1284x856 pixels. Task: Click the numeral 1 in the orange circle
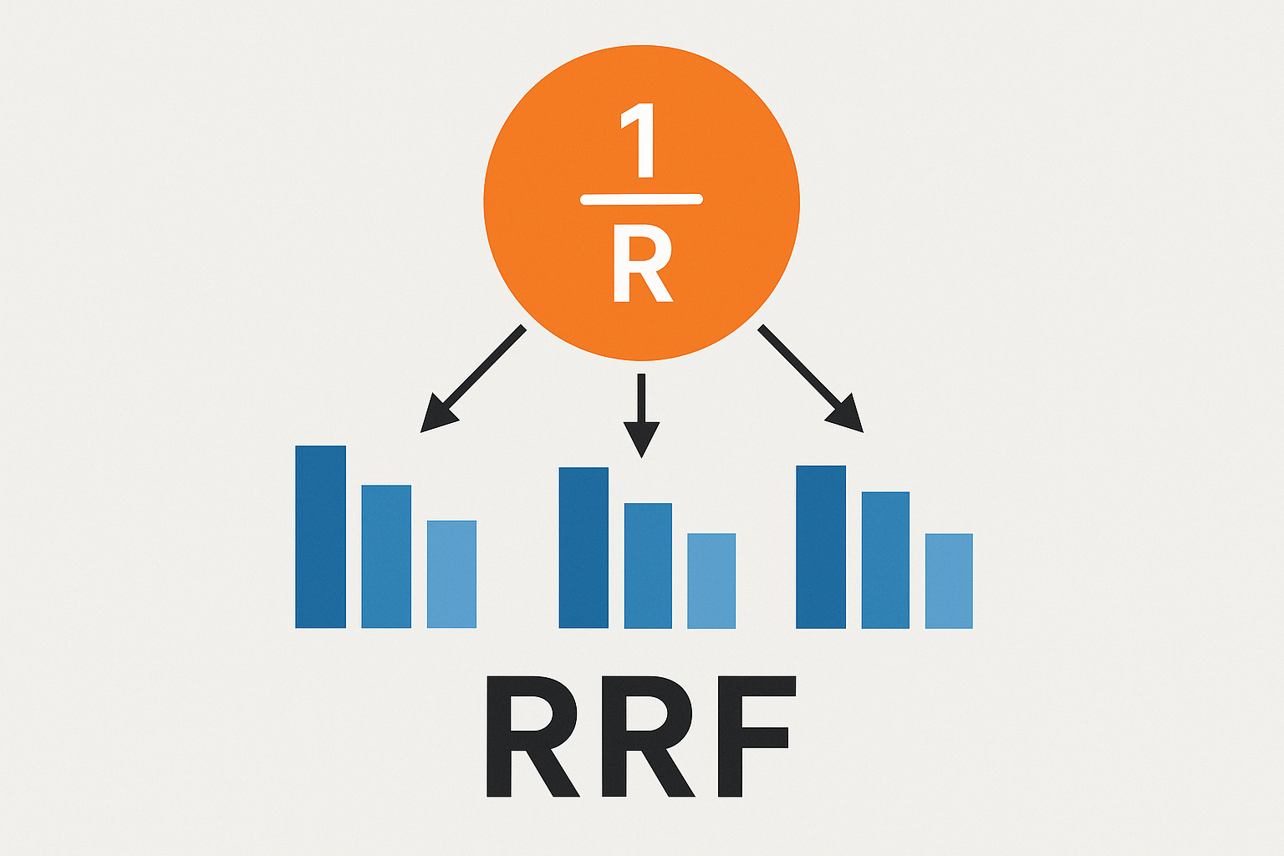640,142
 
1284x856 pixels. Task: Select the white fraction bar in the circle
641,200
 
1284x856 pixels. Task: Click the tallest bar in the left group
320,537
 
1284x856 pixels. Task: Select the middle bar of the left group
386,556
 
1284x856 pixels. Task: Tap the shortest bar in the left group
451,574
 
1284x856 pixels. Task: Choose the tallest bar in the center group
583,548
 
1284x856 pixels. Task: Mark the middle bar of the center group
648,565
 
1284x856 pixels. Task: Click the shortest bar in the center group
711,581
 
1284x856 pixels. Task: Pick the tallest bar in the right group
821,547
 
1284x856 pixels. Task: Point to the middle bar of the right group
885,560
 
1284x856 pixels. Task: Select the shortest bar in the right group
949,581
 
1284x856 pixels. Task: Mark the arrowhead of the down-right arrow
846,415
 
